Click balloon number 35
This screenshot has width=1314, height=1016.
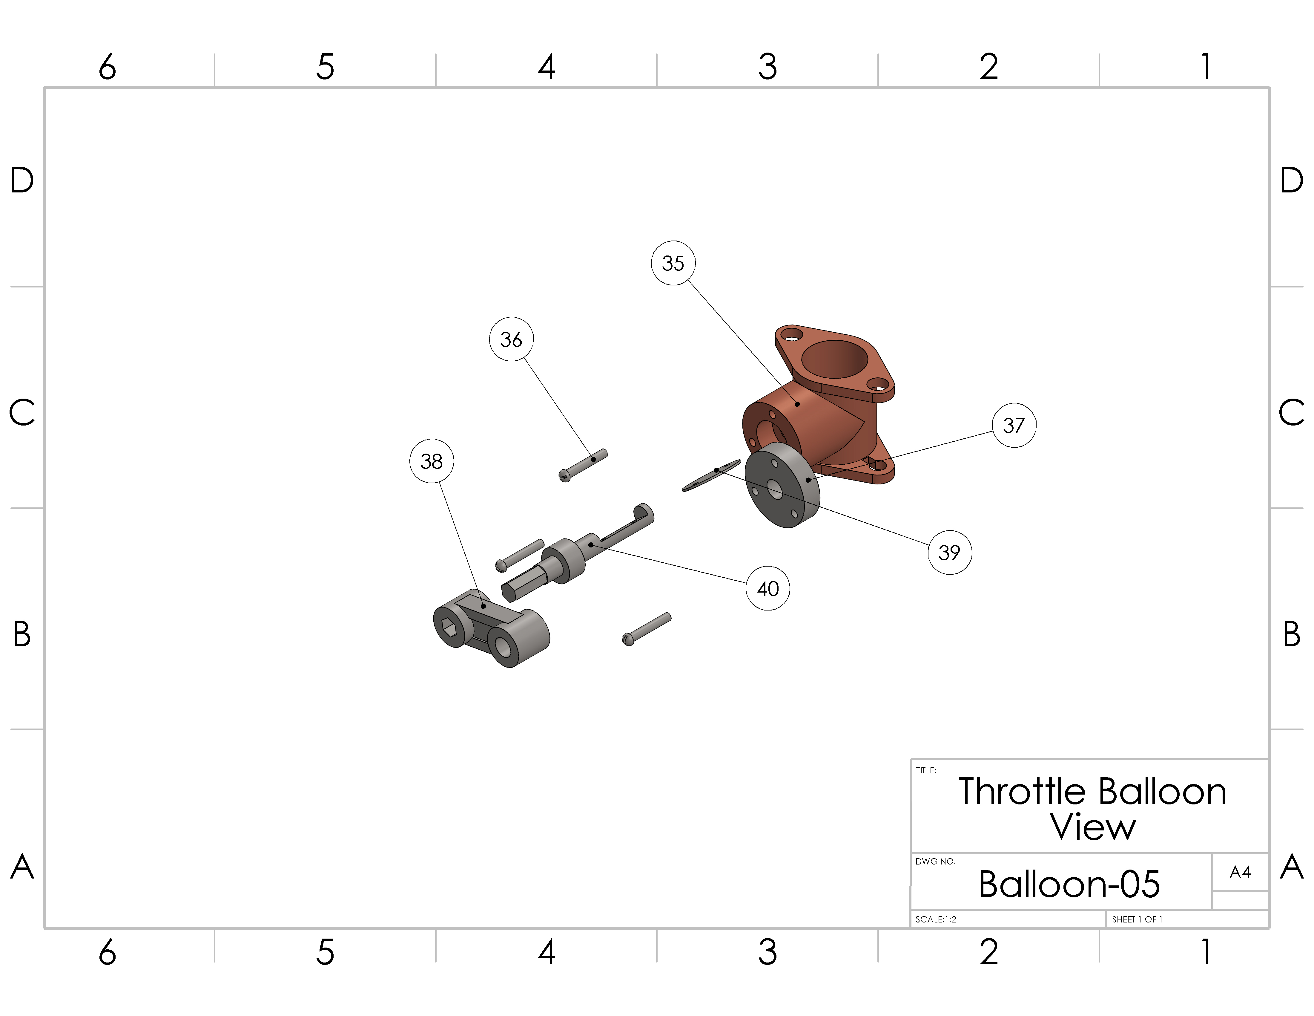pyautogui.click(x=673, y=263)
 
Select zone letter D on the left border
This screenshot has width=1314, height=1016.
pyautogui.click(x=22, y=180)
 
